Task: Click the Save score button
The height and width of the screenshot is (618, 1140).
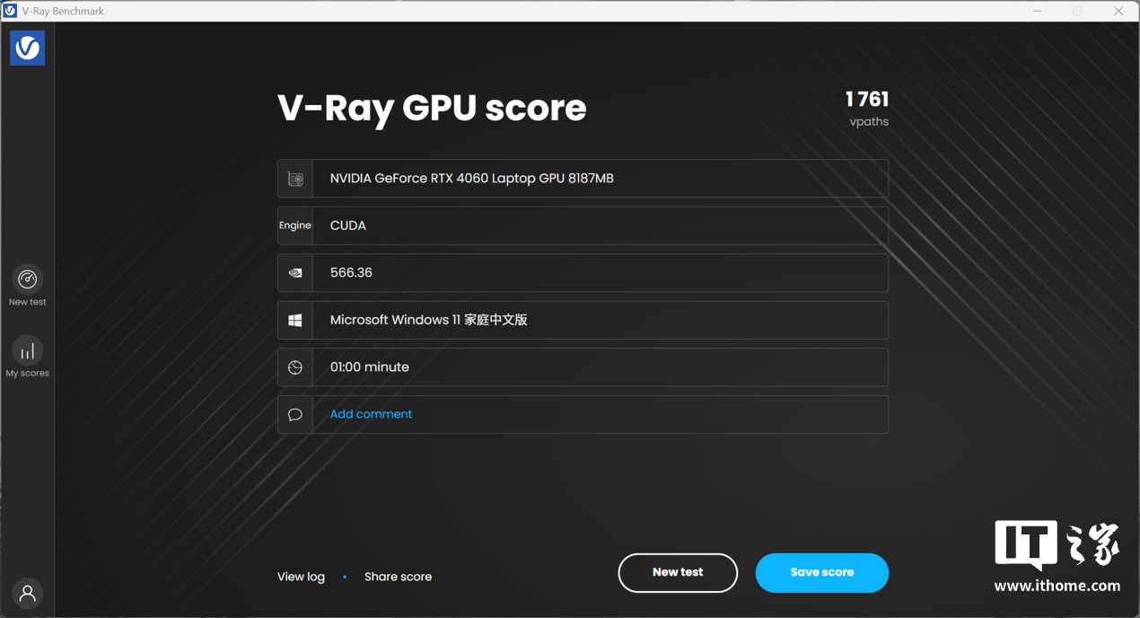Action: pyautogui.click(x=822, y=573)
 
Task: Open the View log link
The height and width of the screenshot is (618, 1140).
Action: pyautogui.click(x=301, y=577)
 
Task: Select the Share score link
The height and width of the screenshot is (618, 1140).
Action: pyautogui.click(x=398, y=577)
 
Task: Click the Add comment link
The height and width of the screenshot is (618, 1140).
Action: pyautogui.click(x=371, y=414)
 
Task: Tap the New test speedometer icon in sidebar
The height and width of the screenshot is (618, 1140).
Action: pyautogui.click(x=28, y=279)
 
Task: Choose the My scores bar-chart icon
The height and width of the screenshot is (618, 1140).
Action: pyautogui.click(x=28, y=351)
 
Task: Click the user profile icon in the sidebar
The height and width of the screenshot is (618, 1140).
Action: pyautogui.click(x=28, y=594)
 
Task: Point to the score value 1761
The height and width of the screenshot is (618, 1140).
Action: pyautogui.click(x=867, y=100)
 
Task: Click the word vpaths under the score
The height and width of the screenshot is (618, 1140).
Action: pyautogui.click(x=869, y=122)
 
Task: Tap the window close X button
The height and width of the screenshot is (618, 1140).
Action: pyautogui.click(x=1118, y=11)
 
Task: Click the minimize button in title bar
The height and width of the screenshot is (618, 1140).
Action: pyautogui.click(x=1037, y=11)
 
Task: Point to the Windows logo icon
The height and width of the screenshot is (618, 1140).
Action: pyautogui.click(x=295, y=320)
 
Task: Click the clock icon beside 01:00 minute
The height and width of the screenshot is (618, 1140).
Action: pyautogui.click(x=295, y=367)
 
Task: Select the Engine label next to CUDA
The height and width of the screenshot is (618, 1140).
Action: pyautogui.click(x=294, y=225)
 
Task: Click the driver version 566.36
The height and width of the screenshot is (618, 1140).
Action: pyautogui.click(x=351, y=272)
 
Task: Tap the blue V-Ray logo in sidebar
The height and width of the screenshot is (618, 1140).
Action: pyautogui.click(x=28, y=48)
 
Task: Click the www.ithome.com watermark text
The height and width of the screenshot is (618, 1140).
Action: pyautogui.click(x=1057, y=586)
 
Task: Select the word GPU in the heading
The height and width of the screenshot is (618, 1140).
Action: pyautogui.click(x=439, y=108)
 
